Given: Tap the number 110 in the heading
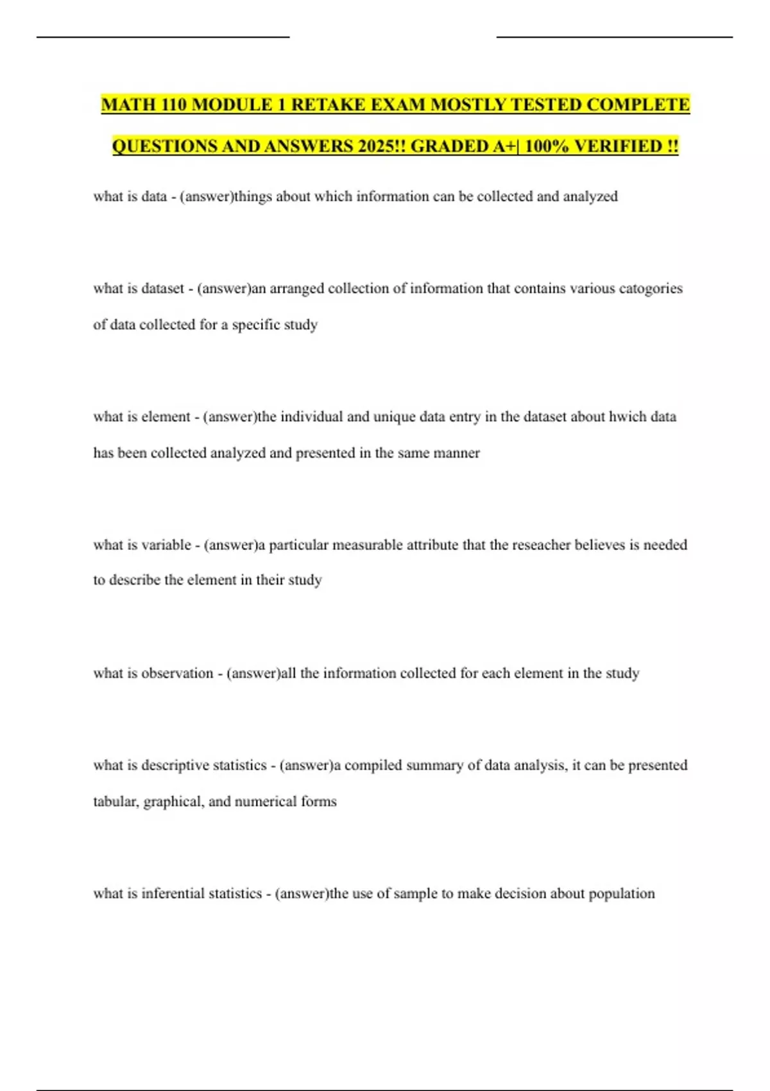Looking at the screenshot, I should [170, 105].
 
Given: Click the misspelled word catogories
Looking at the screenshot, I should [650, 289].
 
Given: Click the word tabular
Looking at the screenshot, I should [116, 802].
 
